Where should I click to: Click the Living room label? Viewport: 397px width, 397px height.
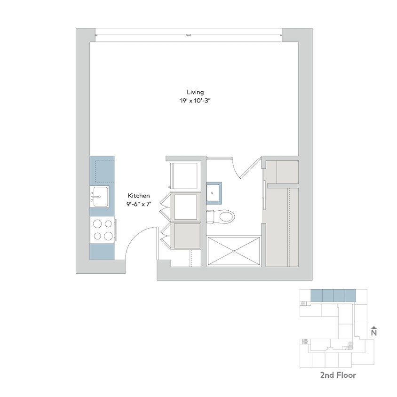[x=195, y=92]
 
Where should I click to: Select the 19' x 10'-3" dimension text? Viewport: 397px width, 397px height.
[x=195, y=101]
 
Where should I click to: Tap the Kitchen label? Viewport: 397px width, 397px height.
[x=139, y=196]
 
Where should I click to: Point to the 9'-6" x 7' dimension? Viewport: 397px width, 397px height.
[x=139, y=204]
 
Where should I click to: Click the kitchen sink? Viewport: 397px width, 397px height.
[x=100, y=195]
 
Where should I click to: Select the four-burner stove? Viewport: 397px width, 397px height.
[x=102, y=230]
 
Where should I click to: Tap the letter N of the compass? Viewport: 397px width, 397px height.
[x=374, y=333]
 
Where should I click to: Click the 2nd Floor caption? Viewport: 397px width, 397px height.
[x=338, y=375]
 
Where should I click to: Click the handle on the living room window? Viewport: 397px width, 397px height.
[x=188, y=34]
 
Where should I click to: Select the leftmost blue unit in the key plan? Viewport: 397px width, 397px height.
[x=317, y=295]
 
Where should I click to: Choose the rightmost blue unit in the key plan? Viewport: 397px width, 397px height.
[x=351, y=295]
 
